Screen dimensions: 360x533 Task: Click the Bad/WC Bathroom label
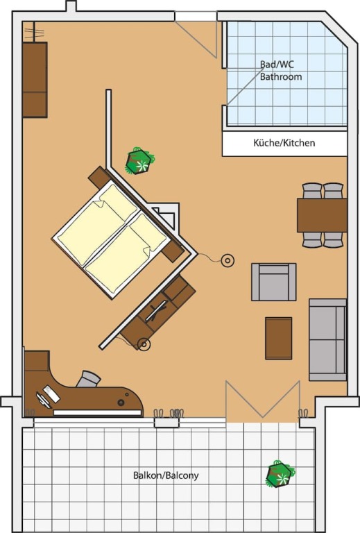tap(281, 70)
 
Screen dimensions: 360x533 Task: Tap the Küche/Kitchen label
tap(284, 143)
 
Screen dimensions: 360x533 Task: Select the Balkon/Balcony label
tap(166, 475)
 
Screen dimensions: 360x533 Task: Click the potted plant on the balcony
tap(280, 474)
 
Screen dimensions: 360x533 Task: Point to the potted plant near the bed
tap(139, 161)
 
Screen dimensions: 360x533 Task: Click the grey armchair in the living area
tap(274, 282)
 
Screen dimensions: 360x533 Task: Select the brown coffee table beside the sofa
tap(278, 338)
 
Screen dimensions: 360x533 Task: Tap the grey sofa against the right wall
tap(327, 340)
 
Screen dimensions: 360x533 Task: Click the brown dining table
tap(322, 216)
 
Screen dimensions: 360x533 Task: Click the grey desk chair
tap(88, 379)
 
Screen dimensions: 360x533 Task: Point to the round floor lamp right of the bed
tap(228, 261)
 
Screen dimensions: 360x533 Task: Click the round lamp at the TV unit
tap(144, 344)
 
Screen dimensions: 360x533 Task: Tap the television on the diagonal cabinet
tap(156, 311)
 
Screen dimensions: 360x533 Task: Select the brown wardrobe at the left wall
tap(35, 80)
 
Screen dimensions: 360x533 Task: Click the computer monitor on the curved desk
tap(44, 400)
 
